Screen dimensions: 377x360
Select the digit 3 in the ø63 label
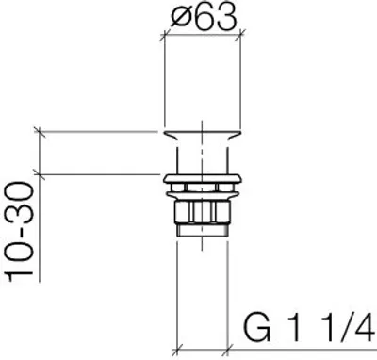(x=225, y=18)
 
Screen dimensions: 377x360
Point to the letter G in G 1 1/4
(x=257, y=328)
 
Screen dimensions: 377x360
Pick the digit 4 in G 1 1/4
(x=361, y=329)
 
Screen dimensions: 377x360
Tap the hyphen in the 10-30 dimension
(x=22, y=238)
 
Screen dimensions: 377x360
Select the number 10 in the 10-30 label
(x=20, y=263)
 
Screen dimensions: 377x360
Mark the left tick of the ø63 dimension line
(x=164, y=36)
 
